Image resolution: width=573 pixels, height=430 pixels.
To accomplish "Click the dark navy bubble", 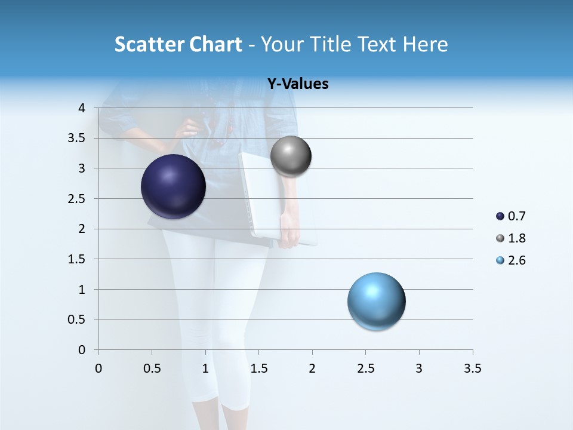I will tap(173, 186).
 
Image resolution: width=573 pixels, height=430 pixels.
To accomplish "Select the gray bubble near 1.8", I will tap(291, 156).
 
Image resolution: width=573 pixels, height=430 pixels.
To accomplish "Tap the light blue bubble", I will tap(376, 301).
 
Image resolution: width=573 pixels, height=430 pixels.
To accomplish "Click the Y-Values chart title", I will tap(297, 84).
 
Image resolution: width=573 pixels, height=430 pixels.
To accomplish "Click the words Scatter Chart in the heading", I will tap(178, 44).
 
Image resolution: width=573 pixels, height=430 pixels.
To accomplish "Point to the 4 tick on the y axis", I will tap(82, 108).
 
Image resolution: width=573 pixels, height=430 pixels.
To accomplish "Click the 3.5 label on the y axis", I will tap(76, 138).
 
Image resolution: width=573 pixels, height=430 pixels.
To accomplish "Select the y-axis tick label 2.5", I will tap(76, 198).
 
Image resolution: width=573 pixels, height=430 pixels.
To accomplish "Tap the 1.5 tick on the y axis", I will tap(76, 259).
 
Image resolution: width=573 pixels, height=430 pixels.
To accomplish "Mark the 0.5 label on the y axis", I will tap(76, 320).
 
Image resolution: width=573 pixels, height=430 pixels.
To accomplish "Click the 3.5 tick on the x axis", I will tap(472, 368).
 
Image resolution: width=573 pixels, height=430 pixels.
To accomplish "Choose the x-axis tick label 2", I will tap(312, 368).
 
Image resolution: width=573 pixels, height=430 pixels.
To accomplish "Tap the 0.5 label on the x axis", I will tap(152, 368).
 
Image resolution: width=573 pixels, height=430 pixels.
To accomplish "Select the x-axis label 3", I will tap(419, 368).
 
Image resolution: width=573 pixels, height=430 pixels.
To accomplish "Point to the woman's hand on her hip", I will tap(191, 127).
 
